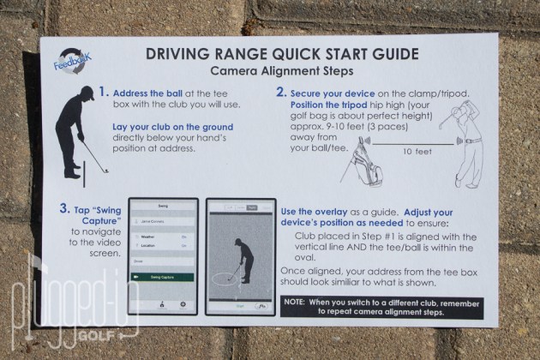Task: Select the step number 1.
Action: tap(103, 92)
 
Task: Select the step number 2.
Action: tap(281, 92)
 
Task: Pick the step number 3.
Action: tap(64, 207)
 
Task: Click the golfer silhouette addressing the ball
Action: tap(74, 137)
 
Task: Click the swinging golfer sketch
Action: tap(464, 137)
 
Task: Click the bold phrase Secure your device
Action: tap(329, 92)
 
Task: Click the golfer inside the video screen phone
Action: tap(244, 257)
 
